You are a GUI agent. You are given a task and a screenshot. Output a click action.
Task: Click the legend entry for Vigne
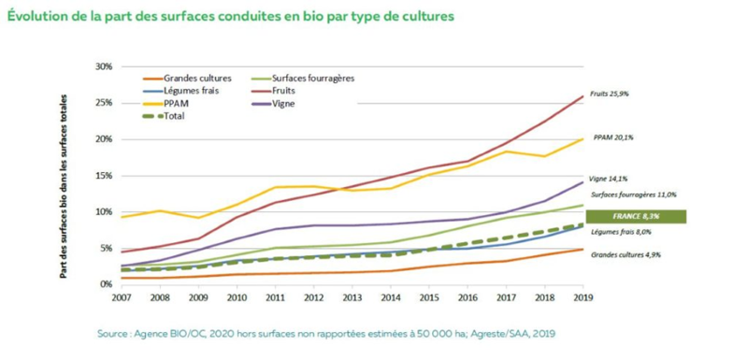pyautogui.click(x=285, y=103)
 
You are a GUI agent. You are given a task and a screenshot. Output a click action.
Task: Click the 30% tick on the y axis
pyautogui.click(x=103, y=67)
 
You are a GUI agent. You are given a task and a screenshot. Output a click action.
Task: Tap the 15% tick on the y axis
pyautogui.click(x=103, y=176)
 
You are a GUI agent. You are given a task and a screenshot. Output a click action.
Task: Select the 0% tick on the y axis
pyautogui.click(x=106, y=284)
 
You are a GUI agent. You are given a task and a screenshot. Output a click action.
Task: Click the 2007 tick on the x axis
pyautogui.click(x=122, y=298)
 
